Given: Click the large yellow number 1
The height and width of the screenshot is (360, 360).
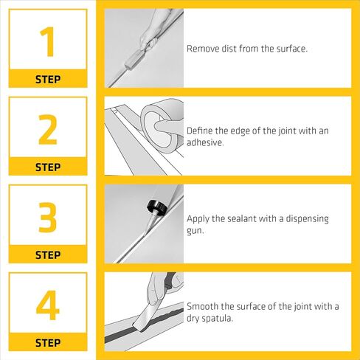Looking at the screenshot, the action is point(48,42).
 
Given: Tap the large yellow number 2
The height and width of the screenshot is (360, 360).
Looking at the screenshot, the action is point(48,130).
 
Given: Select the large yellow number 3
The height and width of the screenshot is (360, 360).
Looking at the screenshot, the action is point(48,218).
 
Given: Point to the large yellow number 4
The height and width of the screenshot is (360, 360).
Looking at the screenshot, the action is point(48,305).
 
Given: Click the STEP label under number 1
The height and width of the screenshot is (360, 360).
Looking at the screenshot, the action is point(48,80).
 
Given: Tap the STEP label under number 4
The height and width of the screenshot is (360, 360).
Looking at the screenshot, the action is point(48,343).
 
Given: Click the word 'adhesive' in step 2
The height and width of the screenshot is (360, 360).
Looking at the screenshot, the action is point(204,142).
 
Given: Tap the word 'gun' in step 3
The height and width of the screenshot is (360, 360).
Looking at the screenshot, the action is point(194,231).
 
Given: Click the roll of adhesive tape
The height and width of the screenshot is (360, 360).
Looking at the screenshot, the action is point(162,123).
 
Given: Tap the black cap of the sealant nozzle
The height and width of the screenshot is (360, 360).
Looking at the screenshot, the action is point(157,206).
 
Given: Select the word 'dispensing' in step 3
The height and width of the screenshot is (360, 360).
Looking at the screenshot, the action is point(307,219).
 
